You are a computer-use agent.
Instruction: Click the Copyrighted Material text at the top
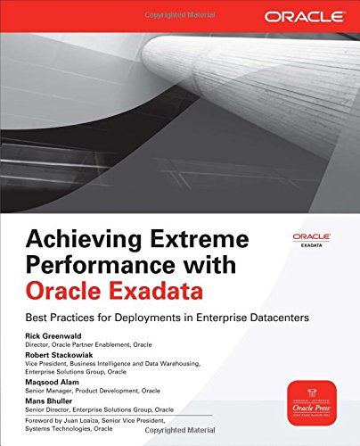179,6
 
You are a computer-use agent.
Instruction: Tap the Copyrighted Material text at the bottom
179,440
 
